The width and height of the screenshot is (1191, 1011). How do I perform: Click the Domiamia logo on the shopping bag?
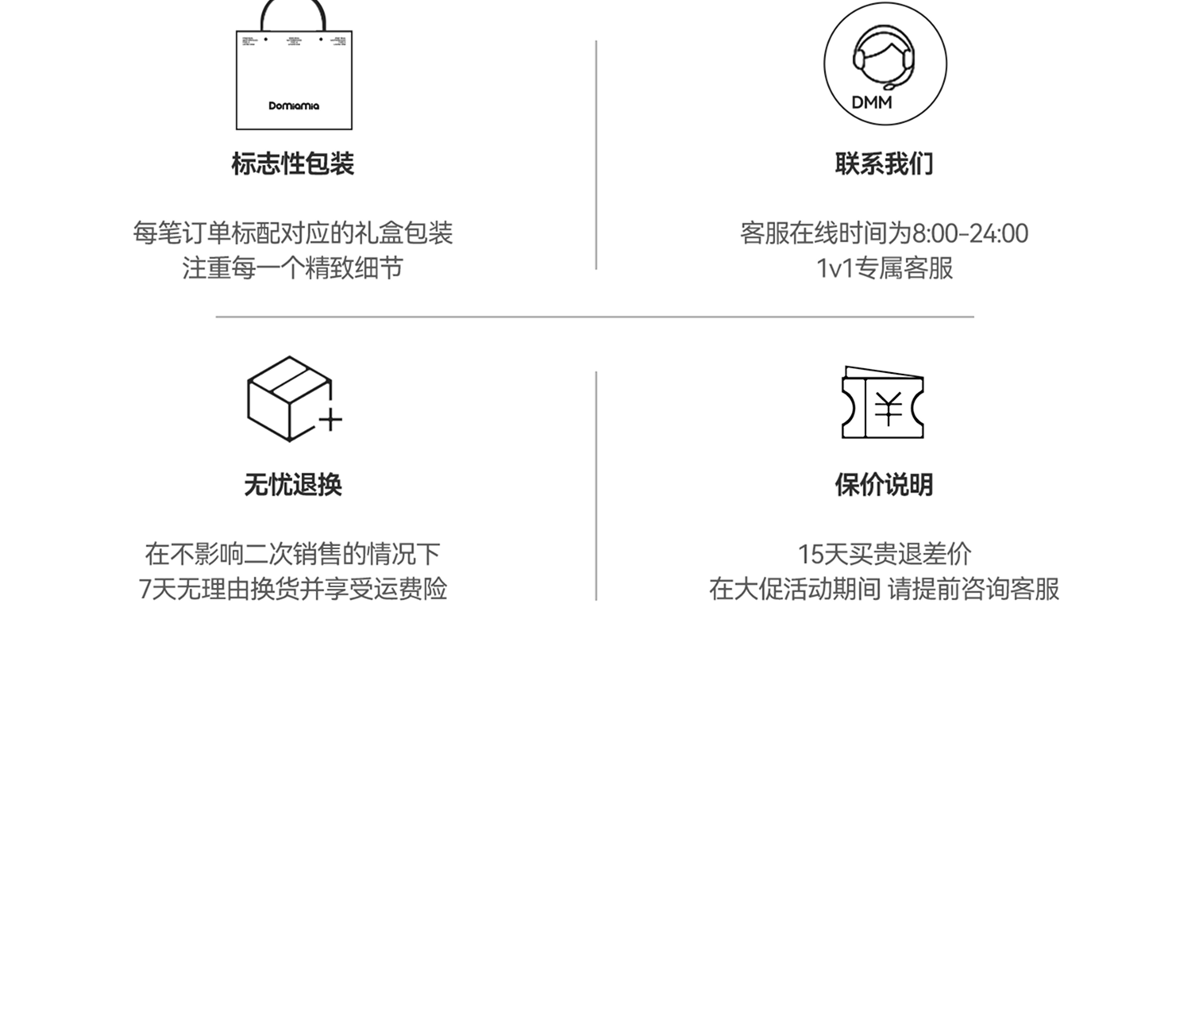294,106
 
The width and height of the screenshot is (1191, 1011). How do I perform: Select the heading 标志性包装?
293,164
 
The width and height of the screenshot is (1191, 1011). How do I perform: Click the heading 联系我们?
884,164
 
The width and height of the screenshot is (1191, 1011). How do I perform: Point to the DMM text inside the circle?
872,102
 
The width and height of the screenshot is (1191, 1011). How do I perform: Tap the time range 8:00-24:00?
969,233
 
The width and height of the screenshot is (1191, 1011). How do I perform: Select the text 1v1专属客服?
884,268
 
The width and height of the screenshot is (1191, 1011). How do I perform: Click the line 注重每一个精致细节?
293,268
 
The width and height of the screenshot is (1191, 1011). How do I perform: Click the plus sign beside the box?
330,419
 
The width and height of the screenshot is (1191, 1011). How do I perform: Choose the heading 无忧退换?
293,485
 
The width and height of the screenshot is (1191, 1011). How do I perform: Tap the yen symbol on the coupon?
888,409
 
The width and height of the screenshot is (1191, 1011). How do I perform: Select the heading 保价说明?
884,485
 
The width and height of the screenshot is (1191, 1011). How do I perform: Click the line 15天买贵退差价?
884,554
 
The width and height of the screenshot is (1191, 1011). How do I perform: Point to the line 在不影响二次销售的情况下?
293,554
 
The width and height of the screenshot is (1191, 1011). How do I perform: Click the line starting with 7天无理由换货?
293,589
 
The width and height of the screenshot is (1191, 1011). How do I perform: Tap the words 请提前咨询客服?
973,589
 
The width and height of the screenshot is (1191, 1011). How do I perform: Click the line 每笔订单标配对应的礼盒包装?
293,233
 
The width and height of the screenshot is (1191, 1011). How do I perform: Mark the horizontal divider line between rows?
595,317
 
